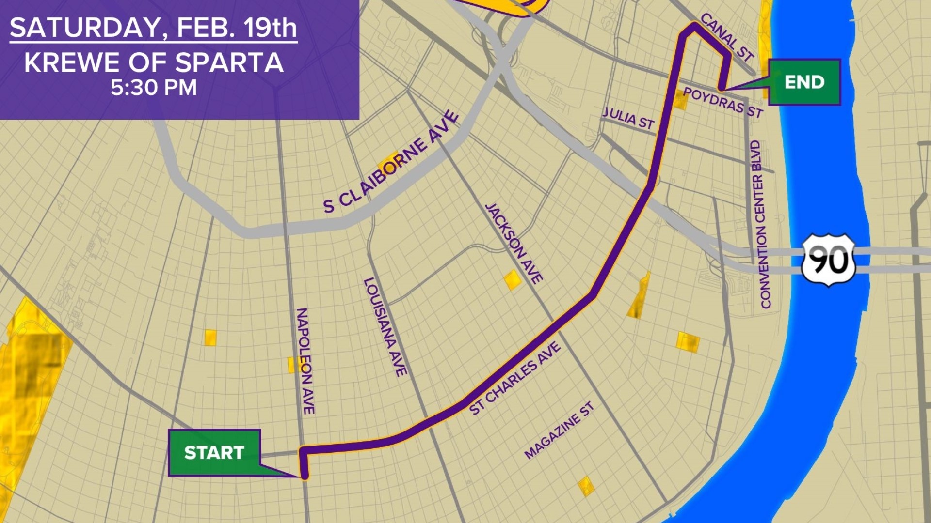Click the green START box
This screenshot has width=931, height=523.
point(214,452)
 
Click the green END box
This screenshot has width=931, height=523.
point(804,82)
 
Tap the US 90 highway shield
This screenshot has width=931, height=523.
point(828,260)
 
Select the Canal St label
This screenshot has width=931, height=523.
point(727,37)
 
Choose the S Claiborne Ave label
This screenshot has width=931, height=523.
point(391,162)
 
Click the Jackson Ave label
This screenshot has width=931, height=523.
point(514,243)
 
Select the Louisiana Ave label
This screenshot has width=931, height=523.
point(385,327)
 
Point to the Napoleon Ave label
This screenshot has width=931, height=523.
point(305,361)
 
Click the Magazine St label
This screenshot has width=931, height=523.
point(559,430)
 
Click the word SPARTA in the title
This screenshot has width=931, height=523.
point(229,62)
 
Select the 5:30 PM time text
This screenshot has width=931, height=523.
point(154,88)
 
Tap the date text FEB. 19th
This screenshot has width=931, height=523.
point(237,28)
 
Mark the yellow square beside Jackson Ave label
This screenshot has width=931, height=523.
point(512,280)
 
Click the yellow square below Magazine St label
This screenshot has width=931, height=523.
point(586,486)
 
